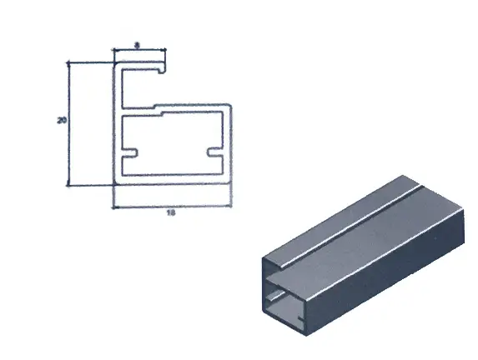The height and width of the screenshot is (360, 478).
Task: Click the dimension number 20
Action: [61, 122]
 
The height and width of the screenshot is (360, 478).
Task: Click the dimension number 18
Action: [172, 213]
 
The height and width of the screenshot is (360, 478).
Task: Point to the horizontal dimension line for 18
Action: [172, 207]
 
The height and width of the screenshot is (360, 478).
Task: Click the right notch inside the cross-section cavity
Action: [214, 153]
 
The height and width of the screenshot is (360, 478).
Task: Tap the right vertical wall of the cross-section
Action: [229, 146]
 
